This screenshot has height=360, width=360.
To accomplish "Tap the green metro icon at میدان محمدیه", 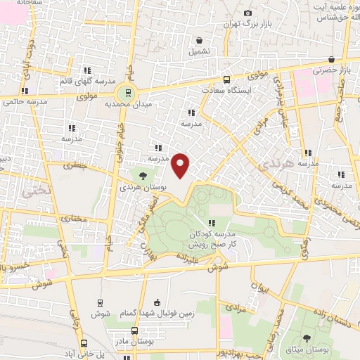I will pos(129,91).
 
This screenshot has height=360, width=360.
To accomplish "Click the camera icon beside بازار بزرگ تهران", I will pos(247,13).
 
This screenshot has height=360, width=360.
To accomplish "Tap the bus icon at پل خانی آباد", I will pos(84,344).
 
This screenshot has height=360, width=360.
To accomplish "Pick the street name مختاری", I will pos(75,218).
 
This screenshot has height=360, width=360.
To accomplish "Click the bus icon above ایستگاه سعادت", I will pos(226,80).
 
